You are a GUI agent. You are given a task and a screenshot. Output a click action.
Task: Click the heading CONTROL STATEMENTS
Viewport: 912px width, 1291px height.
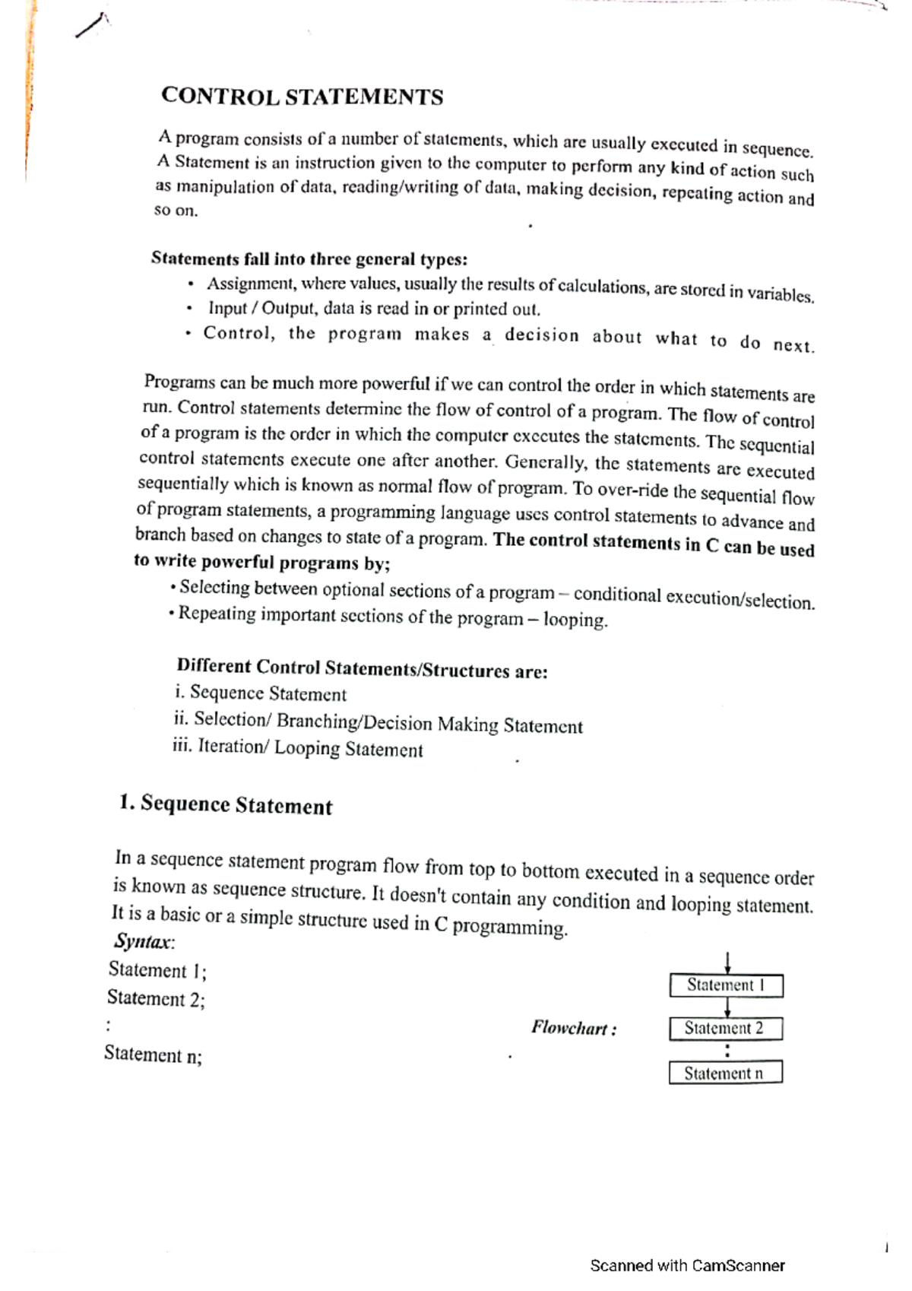302,97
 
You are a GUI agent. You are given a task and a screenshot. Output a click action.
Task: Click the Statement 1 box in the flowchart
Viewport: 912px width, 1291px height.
726,985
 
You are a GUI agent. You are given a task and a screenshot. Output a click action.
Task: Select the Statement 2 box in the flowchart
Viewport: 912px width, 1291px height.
726,1029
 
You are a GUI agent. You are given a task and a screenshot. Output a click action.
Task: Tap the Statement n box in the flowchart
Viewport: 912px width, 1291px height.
726,1073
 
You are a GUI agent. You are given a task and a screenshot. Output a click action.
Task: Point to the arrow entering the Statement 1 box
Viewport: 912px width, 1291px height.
728,963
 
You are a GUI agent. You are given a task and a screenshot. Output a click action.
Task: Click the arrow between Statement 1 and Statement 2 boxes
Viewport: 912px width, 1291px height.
728,1007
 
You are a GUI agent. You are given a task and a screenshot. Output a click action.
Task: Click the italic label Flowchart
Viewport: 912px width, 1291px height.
574,1029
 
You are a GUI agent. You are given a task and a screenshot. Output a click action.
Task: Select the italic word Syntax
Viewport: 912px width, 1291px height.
143,942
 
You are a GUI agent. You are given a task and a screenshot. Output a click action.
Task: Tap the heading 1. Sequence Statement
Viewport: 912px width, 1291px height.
226,804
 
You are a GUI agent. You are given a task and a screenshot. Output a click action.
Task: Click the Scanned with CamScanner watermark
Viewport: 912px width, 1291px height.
687,1265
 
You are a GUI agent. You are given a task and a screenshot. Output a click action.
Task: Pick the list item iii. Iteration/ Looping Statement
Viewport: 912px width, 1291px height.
298,747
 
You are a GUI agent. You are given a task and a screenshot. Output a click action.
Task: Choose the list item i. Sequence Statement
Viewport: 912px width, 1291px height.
260,693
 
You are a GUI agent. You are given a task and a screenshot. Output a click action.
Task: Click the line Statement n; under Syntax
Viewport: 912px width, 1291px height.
153,1054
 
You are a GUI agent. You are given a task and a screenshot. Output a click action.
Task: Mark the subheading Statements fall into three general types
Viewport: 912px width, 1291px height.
309,259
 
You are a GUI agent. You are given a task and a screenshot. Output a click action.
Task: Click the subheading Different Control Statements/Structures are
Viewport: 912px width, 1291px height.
362,668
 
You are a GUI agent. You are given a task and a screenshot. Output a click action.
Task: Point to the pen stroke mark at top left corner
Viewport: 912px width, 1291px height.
92,27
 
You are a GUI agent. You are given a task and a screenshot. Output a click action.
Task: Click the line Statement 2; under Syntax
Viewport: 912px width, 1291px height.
156,998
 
